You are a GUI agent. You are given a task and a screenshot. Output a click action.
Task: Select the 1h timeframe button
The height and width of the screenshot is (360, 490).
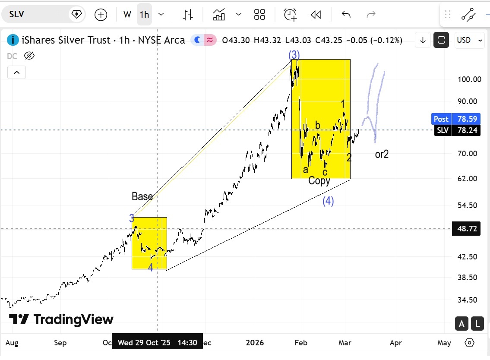tap(144, 15)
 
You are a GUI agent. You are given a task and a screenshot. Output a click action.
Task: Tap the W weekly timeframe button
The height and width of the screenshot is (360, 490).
tap(127, 15)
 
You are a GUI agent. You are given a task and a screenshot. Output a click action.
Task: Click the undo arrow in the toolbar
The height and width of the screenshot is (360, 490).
tap(346, 15)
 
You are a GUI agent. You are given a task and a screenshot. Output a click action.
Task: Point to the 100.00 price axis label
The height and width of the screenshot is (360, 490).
tap(469, 79)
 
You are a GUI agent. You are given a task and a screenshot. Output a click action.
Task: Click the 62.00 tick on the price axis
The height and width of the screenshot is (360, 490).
tap(469, 179)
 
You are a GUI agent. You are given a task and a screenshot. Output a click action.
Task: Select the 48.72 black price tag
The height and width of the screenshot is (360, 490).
tap(466, 229)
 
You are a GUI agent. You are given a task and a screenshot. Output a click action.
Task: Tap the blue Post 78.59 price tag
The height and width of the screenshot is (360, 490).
tap(455, 119)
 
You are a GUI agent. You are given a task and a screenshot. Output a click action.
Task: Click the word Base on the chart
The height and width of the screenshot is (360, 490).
tap(142, 197)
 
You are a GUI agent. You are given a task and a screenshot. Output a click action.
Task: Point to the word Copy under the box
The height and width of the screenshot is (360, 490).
tap(319, 181)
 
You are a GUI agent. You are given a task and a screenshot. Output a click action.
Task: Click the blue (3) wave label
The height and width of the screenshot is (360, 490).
tap(294, 55)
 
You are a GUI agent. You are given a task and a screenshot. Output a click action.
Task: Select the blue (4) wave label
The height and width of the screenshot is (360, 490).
tap(328, 201)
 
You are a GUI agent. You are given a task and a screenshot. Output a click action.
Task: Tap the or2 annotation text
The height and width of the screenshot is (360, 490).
tap(382, 154)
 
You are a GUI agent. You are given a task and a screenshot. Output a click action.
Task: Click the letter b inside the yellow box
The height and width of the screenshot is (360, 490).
tap(317, 126)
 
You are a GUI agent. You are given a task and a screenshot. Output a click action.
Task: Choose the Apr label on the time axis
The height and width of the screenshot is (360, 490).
tap(395, 343)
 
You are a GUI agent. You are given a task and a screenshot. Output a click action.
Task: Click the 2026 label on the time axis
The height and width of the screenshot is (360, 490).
tap(255, 343)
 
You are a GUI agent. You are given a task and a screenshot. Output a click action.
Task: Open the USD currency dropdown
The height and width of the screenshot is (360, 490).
tap(469, 40)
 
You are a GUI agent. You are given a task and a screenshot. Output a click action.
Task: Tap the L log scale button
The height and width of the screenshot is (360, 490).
tap(477, 323)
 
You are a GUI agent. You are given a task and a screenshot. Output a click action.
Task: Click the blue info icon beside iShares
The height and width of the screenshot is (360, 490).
tap(13, 40)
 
